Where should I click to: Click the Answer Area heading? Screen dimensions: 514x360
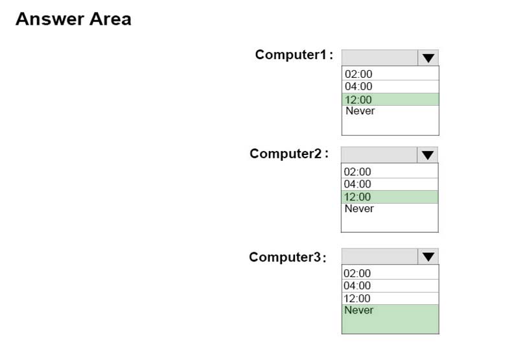[73, 19]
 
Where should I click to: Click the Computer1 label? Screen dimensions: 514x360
[294, 54]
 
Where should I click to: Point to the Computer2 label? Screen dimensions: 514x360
[289, 154]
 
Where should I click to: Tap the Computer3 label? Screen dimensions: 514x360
[288, 257]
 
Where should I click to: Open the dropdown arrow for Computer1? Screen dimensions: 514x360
[428, 58]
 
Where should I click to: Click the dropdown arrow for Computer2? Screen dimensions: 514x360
[427, 155]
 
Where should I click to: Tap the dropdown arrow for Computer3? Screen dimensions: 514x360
[428, 257]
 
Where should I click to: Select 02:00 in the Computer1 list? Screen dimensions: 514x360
[358, 74]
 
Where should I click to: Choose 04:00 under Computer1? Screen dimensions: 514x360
[358, 86]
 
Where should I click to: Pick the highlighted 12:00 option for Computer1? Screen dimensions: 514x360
[390, 99]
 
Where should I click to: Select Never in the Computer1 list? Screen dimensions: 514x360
[360, 111]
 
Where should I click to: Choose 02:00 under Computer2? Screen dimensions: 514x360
[357, 172]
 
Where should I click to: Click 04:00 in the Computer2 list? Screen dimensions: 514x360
[357, 184]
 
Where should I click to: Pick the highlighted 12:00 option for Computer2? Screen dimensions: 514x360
[390, 197]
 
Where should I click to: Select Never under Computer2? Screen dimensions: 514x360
[359, 208]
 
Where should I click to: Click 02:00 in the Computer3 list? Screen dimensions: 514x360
[357, 273]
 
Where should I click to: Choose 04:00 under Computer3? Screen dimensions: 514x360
[357, 285]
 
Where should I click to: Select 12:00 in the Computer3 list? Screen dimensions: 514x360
[357, 298]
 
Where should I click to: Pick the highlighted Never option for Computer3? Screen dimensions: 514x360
[390, 319]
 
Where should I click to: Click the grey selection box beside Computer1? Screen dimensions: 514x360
[380, 58]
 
